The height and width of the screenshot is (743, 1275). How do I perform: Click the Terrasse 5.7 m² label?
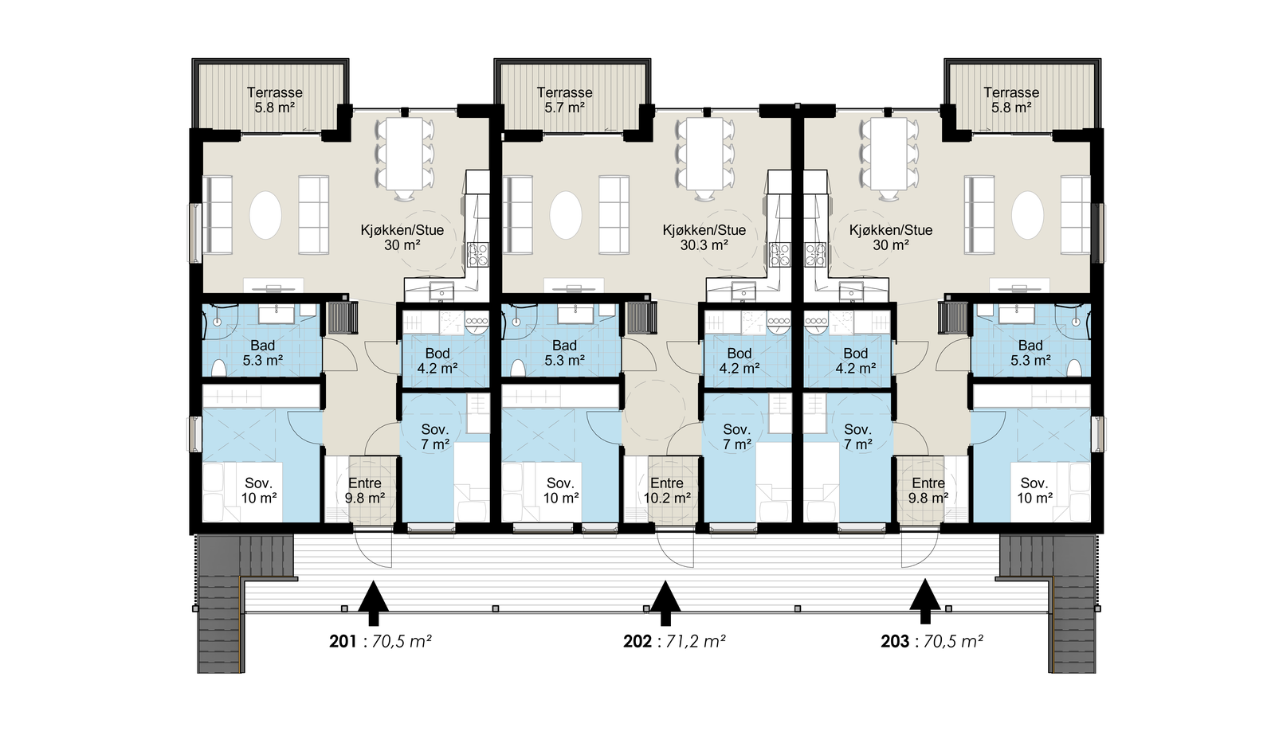click(565, 100)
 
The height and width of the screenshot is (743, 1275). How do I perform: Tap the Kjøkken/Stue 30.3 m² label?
click(704, 237)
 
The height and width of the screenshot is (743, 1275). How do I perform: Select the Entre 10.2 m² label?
click(667, 491)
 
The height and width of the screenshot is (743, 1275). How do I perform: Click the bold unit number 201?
click(343, 641)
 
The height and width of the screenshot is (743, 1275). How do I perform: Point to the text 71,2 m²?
click(696, 641)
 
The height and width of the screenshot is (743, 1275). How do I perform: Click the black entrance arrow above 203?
click(925, 602)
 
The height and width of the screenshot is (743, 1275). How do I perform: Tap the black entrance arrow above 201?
click(374, 604)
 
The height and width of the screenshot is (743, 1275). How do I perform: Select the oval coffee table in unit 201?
click(266, 215)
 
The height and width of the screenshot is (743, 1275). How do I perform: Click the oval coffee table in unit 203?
click(1027, 215)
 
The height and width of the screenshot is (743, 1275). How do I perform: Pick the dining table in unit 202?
click(705, 154)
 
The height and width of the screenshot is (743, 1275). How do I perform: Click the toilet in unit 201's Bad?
click(218, 367)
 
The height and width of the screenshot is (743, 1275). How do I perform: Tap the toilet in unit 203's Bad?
click(1074, 367)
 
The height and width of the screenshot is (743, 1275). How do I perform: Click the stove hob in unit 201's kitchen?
click(477, 254)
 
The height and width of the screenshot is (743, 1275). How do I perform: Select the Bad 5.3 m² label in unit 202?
click(565, 353)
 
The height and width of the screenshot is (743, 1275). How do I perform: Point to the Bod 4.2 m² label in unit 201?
click(437, 361)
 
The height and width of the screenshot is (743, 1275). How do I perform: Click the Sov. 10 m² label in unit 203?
click(1035, 491)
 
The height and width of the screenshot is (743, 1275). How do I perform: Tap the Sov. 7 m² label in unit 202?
click(737, 437)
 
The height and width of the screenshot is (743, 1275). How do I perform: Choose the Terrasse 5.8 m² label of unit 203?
click(1011, 100)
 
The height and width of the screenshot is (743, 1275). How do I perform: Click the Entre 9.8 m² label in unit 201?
click(365, 491)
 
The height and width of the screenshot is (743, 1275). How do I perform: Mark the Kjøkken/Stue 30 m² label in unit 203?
click(891, 237)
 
